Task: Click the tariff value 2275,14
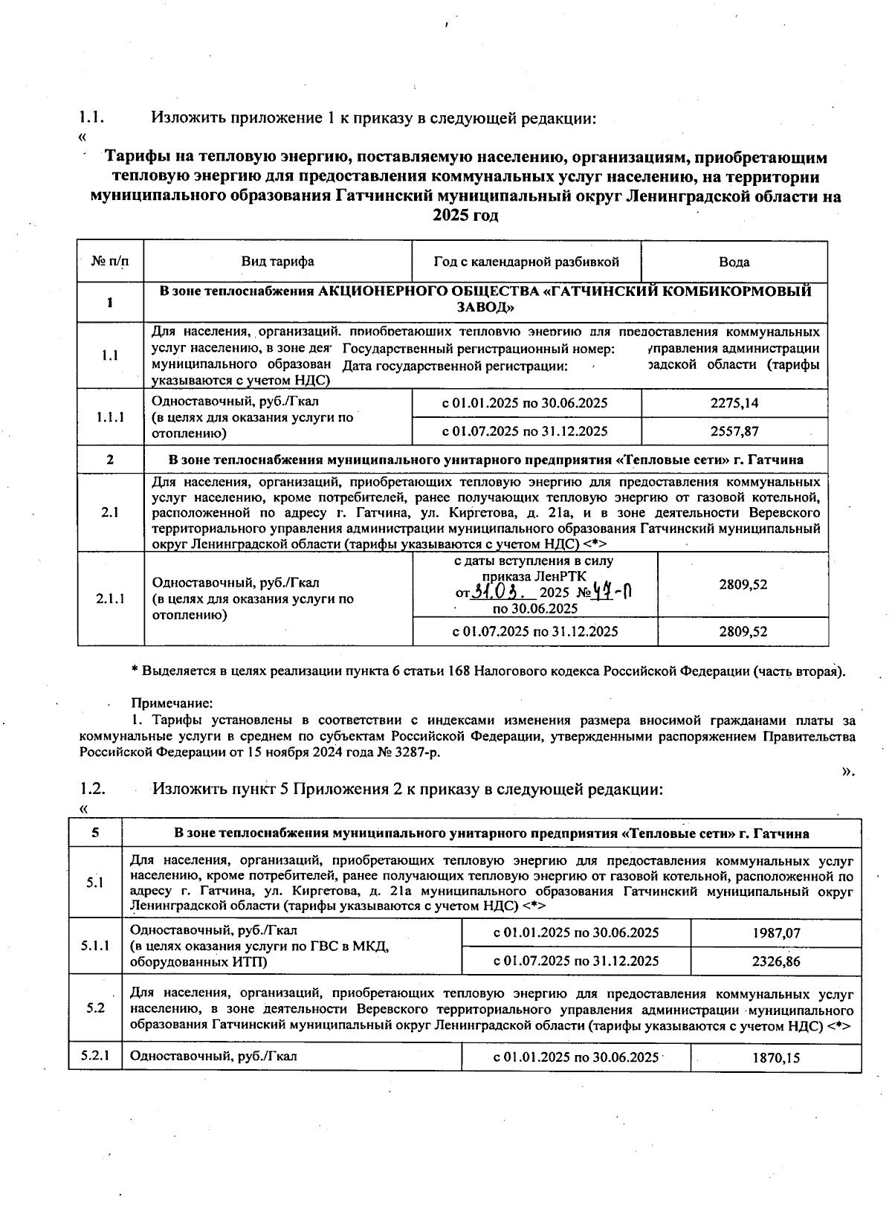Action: coord(734,403)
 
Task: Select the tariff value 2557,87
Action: coord(734,431)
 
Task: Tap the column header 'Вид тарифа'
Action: coord(277,262)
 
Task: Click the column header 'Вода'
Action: coord(734,262)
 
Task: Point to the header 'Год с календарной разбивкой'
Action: coord(526,262)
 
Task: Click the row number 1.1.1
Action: coord(110,417)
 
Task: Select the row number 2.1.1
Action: coord(110,599)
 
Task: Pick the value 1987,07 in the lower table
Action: coord(776,932)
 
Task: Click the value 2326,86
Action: coord(776,961)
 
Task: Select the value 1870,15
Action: coord(776,1057)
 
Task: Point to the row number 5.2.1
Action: coord(94,1056)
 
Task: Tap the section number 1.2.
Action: coord(92,788)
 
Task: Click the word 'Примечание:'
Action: coord(172,703)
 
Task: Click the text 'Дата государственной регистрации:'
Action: coord(455,366)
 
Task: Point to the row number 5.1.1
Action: coord(94,946)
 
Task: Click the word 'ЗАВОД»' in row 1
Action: coord(485,307)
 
